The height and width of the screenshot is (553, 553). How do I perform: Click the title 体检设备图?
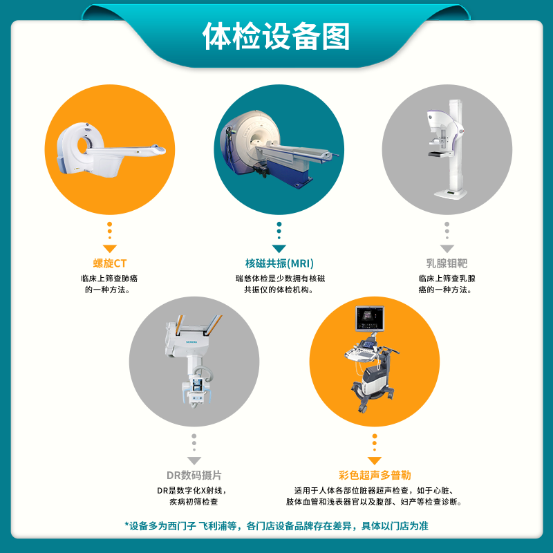(276, 37)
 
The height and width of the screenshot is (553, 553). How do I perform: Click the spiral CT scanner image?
(111, 147)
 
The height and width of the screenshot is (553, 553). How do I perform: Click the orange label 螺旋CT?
(110, 263)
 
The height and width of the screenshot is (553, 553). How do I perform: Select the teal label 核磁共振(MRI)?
(279, 263)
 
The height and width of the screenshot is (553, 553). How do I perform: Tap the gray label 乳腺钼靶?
(447, 263)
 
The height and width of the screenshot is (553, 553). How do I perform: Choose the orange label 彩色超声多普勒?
(375, 476)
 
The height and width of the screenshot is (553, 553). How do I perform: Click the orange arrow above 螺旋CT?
(110, 247)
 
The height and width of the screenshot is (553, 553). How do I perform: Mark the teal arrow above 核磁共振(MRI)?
(279, 247)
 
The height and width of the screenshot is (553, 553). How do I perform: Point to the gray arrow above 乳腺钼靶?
(447, 247)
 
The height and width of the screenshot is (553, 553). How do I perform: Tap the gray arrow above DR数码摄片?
(194, 460)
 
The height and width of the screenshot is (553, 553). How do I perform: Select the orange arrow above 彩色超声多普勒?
(375, 460)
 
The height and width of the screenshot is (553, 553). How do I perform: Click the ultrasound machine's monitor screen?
(369, 318)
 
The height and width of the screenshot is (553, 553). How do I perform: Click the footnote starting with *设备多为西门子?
(276, 526)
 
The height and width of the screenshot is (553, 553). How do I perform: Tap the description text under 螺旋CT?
(110, 284)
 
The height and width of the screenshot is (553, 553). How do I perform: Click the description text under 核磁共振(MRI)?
(279, 284)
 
